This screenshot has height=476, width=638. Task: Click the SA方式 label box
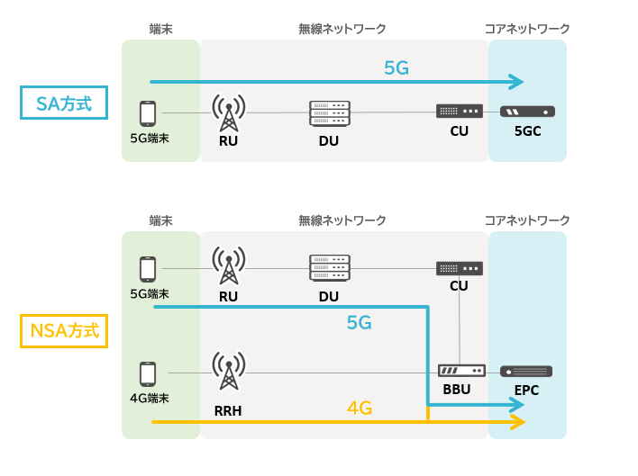tap(63, 103)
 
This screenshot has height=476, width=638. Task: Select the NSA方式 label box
tap(63, 330)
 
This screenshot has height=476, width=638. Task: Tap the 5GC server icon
tap(527, 112)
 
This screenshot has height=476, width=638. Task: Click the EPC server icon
tap(526, 372)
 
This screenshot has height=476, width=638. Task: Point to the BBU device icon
tap(461, 371)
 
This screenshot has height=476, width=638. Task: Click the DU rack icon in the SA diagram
tap(329, 112)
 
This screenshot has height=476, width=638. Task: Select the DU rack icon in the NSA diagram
tap(329, 268)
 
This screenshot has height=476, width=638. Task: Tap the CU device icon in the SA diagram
tap(460, 112)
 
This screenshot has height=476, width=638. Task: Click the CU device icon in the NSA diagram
tap(460, 268)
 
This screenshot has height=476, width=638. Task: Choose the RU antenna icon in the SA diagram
tap(229, 113)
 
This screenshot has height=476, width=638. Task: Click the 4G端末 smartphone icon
tap(148, 373)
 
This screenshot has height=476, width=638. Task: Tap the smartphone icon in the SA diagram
tap(148, 113)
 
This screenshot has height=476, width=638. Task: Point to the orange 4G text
tap(360, 408)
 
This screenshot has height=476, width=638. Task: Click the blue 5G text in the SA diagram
tap(396, 67)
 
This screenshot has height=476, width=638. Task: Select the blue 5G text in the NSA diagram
tap(359, 322)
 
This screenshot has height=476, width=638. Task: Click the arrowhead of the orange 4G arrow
tap(518, 422)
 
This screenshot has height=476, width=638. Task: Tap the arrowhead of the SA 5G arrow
tap(516, 82)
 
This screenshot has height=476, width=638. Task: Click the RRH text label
tap(228, 411)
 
